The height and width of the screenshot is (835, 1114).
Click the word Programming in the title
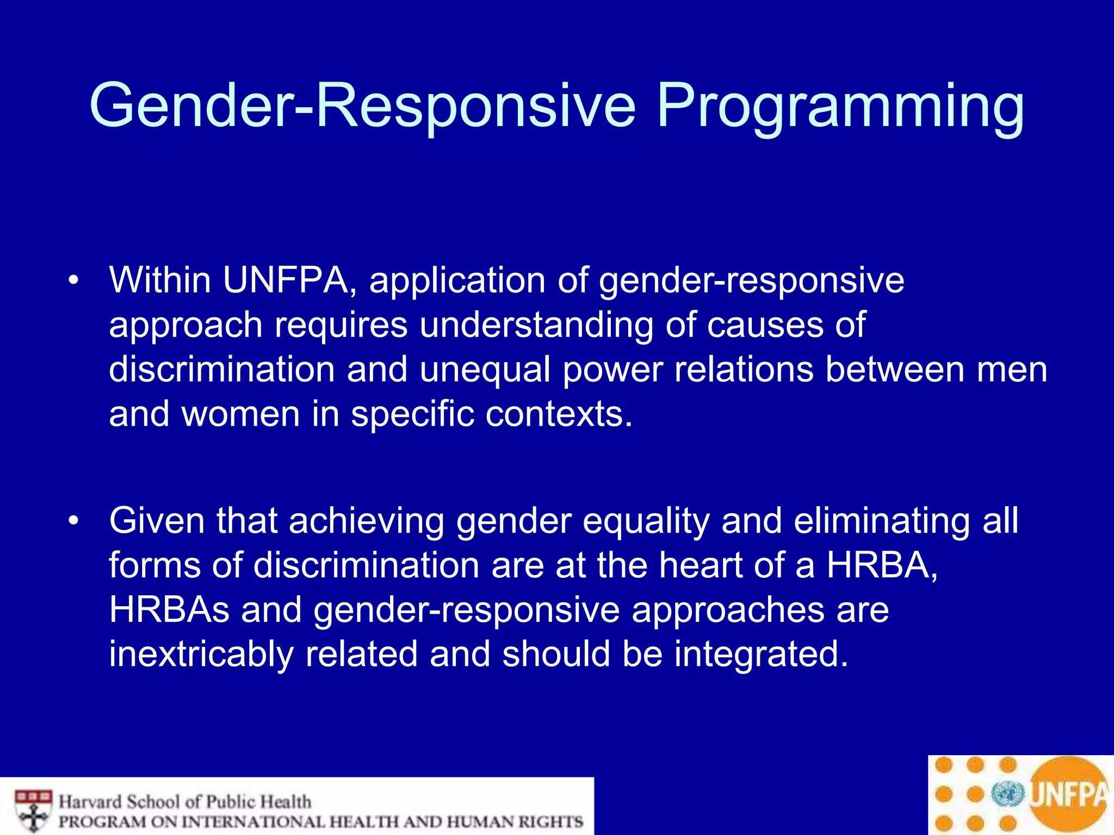840,106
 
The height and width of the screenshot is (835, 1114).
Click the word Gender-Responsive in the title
362,106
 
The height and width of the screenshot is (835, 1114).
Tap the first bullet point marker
73,281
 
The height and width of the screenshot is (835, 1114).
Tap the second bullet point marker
73,521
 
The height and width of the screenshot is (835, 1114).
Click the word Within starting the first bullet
160,281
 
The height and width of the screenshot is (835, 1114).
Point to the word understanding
536,326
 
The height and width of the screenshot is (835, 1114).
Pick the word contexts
559,414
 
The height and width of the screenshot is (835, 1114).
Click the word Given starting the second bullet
157,521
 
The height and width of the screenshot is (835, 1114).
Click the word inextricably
201,655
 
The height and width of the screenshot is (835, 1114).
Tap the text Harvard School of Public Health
185,801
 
